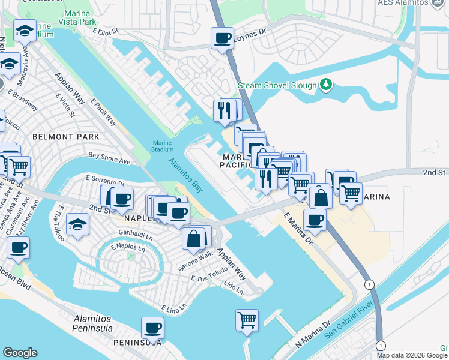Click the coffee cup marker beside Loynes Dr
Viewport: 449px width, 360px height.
click(x=222, y=39)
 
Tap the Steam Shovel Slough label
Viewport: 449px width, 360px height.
click(x=277, y=86)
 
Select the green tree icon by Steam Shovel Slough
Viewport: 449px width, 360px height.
click(x=326, y=85)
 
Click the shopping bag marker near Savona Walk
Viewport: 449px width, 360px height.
click(x=194, y=239)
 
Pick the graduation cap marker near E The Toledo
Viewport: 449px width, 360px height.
click(x=77, y=225)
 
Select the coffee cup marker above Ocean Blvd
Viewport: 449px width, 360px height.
click(x=18, y=247)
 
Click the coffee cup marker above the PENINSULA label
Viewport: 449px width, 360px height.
click(x=152, y=328)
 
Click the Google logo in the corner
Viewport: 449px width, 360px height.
click(x=20, y=353)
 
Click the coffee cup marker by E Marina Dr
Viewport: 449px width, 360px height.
click(x=314, y=220)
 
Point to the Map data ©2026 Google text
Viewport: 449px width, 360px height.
click(x=411, y=355)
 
